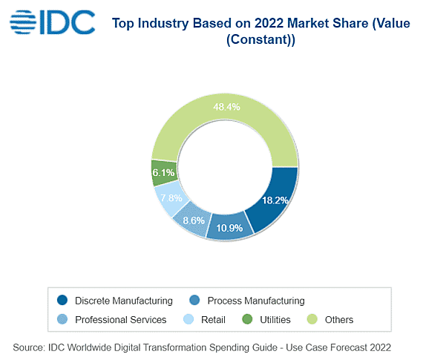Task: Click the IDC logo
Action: pos(52,22)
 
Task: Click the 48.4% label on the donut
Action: pos(226,107)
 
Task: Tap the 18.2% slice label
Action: pos(275,200)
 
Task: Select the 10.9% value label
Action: pos(229,228)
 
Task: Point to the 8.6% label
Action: pos(194,220)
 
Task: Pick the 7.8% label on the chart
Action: pos(171,197)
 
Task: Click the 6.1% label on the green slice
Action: pos(163,172)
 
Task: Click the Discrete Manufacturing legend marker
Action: pos(62,300)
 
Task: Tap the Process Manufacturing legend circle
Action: pos(194,300)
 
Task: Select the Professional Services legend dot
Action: pos(62,319)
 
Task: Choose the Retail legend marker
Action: pos(189,319)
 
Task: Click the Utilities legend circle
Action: pos(247,319)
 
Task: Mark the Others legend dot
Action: pos(312,319)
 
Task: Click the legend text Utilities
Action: pos(275,319)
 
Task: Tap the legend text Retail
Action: pos(213,319)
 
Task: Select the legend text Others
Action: pos(339,319)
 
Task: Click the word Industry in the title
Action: pos(163,23)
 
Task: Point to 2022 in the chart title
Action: pos(269,23)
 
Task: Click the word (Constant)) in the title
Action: pos(260,39)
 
